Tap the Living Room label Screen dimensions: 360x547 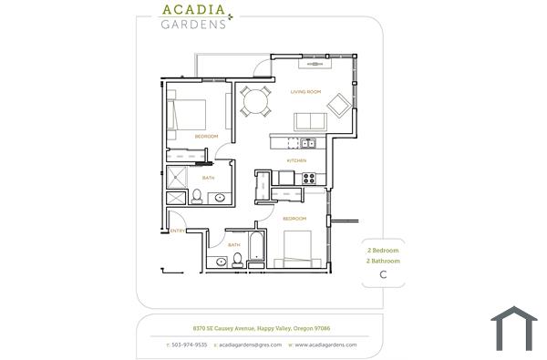point(307,92)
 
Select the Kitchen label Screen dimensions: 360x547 point(296,160)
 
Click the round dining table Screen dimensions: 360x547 point(254,100)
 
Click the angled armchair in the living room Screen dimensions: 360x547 point(336,105)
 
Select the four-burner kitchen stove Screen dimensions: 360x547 point(309,177)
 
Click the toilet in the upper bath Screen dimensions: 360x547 point(197,194)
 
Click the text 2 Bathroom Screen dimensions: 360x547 point(383,261)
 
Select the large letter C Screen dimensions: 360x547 point(383,274)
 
